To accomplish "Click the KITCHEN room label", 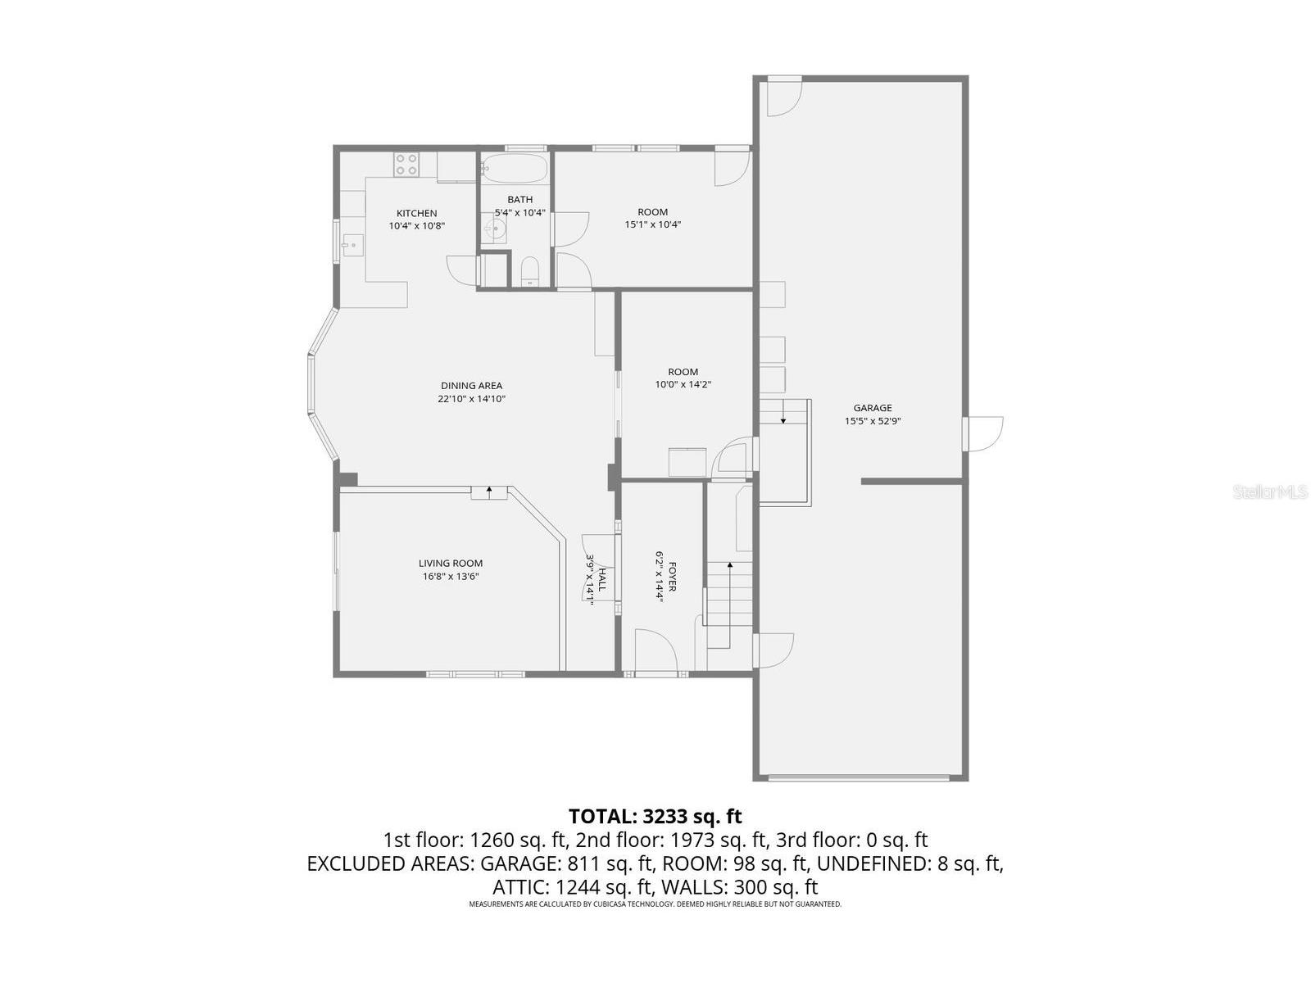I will point(417,213).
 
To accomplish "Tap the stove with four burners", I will point(406,165).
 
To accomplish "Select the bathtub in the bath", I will point(514,168).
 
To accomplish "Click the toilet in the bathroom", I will point(529,271).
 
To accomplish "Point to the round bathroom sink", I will point(496,229).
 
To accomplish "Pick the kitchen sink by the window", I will point(353,243).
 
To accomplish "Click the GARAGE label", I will point(873,408).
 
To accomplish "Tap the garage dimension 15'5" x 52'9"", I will point(873,421).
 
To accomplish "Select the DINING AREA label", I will point(471,386).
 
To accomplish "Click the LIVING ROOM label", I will point(451,563).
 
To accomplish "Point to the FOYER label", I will point(672,577).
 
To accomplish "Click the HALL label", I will point(601,578).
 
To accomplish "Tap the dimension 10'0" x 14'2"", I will point(683,384).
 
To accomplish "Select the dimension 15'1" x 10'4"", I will point(653,224).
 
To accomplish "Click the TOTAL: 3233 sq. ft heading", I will point(655,816).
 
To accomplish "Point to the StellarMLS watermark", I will point(1271,491).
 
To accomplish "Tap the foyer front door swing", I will point(655,652).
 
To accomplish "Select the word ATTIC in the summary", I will point(521,886).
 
